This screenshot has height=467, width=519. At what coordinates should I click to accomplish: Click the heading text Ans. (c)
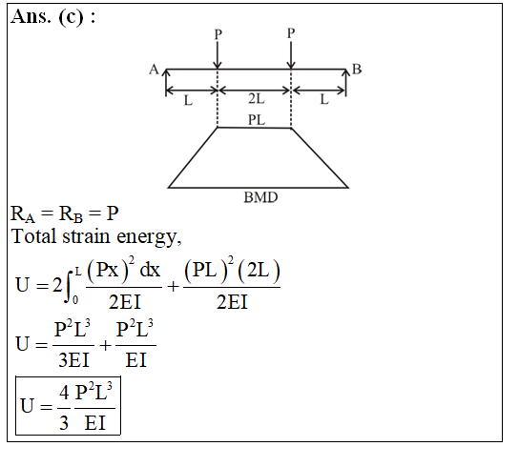click(47, 16)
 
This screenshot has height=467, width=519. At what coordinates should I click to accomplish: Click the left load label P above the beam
click(218, 34)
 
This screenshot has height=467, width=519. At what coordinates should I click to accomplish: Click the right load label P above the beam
click(291, 33)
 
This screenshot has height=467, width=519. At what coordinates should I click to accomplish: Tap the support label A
click(154, 70)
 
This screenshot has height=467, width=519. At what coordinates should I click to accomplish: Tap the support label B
click(357, 70)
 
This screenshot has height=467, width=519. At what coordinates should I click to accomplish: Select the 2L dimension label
click(257, 98)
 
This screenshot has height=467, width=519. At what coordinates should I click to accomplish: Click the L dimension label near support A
click(188, 100)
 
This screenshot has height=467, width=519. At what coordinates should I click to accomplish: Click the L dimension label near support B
click(324, 99)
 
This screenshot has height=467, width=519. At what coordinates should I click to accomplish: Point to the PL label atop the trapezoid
click(257, 120)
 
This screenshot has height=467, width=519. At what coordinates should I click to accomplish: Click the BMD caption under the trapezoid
click(260, 197)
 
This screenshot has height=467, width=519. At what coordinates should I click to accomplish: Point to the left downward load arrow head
click(218, 64)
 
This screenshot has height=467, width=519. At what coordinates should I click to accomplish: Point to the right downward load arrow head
click(291, 64)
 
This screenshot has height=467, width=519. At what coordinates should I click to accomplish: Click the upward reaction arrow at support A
click(166, 83)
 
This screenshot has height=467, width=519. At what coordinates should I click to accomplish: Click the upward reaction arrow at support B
click(346, 83)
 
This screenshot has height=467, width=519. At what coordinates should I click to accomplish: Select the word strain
click(86, 236)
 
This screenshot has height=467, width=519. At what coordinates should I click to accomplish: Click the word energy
click(149, 238)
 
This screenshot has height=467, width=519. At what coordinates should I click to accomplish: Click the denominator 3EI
click(73, 360)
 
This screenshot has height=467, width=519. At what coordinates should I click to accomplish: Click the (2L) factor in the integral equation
click(259, 272)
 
